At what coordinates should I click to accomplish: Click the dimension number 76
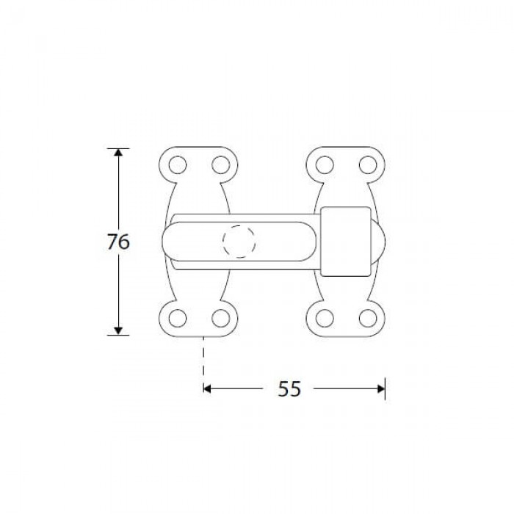coord(118,242)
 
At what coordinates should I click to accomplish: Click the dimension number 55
coord(289,389)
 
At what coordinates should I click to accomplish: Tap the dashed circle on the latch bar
coord(239,242)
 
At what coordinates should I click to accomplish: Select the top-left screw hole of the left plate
coord(178,165)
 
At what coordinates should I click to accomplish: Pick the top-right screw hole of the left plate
coord(220,165)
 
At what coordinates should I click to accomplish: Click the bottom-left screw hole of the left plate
coord(178,318)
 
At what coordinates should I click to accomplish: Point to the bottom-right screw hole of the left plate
coord(220,318)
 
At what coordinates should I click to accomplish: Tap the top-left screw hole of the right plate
coord(325,165)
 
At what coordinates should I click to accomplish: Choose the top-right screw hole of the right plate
coord(368,165)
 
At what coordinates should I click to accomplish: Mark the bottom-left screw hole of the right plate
coord(325,318)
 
